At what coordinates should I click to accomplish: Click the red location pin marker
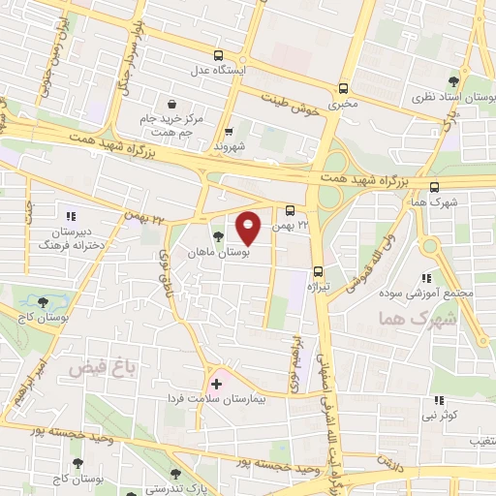pyautogui.click(x=249, y=227)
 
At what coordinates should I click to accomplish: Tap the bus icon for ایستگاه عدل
pyautogui.click(x=219, y=55)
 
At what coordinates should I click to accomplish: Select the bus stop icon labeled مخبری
pyautogui.click(x=342, y=87)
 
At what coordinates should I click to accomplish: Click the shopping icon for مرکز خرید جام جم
pyautogui.click(x=171, y=103)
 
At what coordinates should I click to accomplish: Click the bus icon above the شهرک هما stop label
pyautogui.click(x=433, y=187)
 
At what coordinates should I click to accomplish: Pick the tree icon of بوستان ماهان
pyautogui.click(x=216, y=233)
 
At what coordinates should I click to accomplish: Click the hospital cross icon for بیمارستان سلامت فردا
pyautogui.click(x=216, y=384)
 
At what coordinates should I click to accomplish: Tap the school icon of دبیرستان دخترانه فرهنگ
pyautogui.click(x=69, y=215)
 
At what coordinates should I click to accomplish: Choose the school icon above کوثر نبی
pyautogui.click(x=439, y=399)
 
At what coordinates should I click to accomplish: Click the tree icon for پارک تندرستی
pyautogui.click(x=175, y=475)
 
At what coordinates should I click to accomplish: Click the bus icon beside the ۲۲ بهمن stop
pyautogui.click(x=290, y=209)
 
